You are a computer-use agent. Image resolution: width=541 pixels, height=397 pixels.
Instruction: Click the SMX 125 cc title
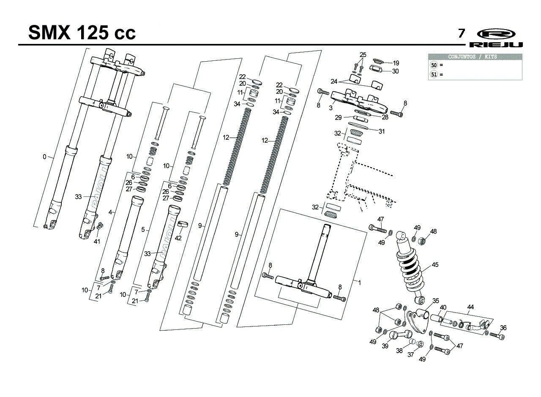[x=82, y=33]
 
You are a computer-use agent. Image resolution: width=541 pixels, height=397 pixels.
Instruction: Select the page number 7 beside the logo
[x=462, y=33]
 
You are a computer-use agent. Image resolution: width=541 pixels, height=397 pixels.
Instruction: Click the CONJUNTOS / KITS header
[x=475, y=57]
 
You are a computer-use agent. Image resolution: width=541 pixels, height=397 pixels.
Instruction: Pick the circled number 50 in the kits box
[x=434, y=65]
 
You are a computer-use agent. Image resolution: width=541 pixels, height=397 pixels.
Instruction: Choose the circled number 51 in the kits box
[x=434, y=74]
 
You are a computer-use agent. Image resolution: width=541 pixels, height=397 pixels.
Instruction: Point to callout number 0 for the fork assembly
[x=44, y=157]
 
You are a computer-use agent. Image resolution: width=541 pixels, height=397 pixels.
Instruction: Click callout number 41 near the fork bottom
[x=97, y=241]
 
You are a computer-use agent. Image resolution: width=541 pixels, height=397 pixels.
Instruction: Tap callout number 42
[x=178, y=238]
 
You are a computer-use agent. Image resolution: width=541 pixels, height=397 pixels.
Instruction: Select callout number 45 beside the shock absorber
[x=435, y=265]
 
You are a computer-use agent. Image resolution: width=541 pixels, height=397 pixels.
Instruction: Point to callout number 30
[x=395, y=71]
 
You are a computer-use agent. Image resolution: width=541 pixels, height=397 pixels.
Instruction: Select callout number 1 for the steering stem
[x=360, y=283]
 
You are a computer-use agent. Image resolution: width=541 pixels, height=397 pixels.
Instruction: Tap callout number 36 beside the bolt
[x=503, y=327]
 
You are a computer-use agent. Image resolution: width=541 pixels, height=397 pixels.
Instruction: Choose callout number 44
[x=470, y=307]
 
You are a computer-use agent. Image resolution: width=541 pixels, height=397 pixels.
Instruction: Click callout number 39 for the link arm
[x=385, y=346]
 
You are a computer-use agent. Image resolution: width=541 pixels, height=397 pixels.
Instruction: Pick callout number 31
[x=382, y=131]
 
